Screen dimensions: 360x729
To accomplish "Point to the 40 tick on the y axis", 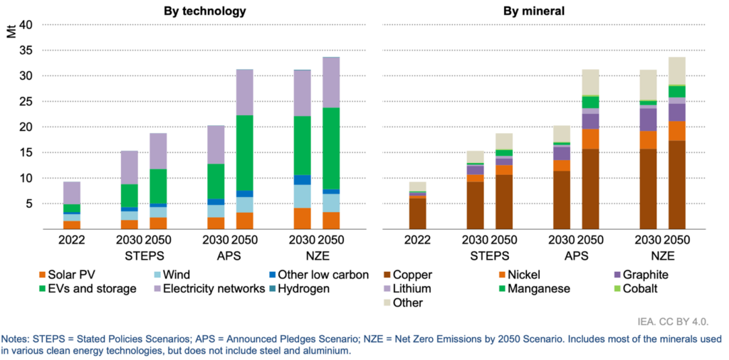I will point(25,25).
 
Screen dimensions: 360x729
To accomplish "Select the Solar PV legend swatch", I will point(42,275).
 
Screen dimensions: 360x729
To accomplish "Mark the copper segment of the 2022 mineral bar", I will point(417,213).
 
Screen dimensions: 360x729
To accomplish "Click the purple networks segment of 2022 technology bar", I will point(72,193).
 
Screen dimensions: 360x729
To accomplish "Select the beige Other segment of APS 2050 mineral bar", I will point(590,82).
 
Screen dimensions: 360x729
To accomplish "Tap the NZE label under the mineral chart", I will point(662,254).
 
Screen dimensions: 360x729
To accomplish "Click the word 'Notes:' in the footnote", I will point(17,338).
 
